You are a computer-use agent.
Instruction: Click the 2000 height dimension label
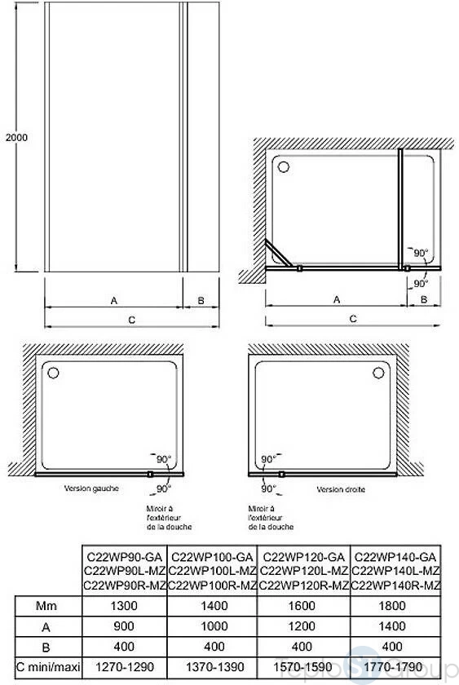16,137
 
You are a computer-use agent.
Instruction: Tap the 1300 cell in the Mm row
125,606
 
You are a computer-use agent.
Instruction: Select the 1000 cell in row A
214,626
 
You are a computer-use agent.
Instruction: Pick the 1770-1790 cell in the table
393,667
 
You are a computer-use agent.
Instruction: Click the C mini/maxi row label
48,668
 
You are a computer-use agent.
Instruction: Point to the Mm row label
46,606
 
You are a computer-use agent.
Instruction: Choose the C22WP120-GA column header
303,557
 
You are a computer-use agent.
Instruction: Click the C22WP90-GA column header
125,557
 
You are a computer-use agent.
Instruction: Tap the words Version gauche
91,488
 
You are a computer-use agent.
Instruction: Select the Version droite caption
341,489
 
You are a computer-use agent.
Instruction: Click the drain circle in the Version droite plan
378,373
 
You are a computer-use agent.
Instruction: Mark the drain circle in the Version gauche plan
53,373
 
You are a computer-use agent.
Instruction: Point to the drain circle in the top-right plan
284,167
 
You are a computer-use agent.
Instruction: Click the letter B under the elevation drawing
201,301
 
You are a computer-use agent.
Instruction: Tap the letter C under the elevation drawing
132,320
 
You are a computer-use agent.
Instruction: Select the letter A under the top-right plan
336,300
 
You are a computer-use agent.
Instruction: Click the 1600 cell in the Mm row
302,606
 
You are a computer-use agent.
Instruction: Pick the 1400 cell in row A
392,626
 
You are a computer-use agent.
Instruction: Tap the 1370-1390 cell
214,667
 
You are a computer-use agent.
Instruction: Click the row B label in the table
46,647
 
